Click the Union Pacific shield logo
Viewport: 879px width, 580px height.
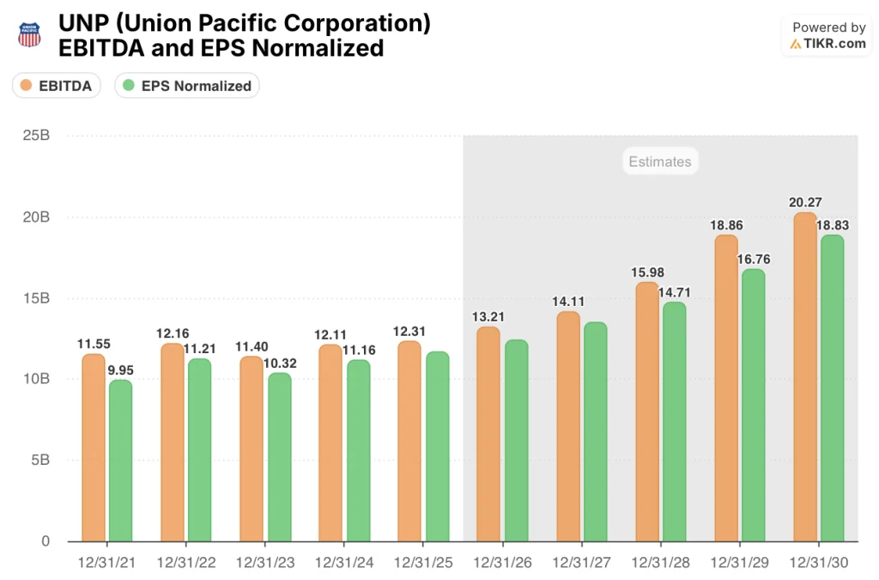(29, 35)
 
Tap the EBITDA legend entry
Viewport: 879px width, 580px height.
(57, 85)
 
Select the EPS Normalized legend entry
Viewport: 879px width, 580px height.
(186, 85)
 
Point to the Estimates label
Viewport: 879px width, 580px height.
(659, 161)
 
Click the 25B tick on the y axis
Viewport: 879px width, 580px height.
(35, 136)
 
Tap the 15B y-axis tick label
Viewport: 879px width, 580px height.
(35, 298)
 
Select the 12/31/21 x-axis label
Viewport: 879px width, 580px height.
(106, 563)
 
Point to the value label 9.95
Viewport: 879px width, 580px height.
(122, 370)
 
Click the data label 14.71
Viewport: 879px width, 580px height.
(675, 292)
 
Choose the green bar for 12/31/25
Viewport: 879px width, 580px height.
(437, 446)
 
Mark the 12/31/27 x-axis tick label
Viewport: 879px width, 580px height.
(581, 563)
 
